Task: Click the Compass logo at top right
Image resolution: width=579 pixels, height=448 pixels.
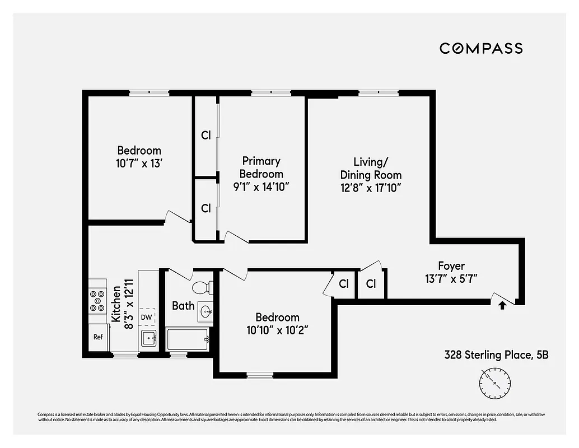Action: tap(481, 48)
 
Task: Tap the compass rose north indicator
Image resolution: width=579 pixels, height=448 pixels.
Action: tap(495, 383)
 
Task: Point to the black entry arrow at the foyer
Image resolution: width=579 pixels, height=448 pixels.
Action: tap(502, 305)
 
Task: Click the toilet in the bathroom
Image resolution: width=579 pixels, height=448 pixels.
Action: tap(200, 288)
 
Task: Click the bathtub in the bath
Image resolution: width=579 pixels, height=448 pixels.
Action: tap(188, 339)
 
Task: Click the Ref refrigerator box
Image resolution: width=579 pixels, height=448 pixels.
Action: tap(98, 337)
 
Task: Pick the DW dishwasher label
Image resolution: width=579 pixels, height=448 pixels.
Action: tap(147, 317)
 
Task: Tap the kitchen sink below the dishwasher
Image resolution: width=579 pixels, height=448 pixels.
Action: tap(148, 338)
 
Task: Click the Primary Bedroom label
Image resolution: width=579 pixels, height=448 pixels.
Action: tap(262, 167)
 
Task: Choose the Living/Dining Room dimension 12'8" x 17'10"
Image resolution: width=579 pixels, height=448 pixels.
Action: tap(371, 189)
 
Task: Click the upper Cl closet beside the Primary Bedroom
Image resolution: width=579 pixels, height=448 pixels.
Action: tap(206, 136)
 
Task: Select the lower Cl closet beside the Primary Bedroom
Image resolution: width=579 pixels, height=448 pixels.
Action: tap(206, 208)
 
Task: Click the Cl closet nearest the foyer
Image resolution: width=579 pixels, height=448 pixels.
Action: tap(371, 284)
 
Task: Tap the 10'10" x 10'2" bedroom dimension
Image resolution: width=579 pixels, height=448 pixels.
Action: tap(277, 330)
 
